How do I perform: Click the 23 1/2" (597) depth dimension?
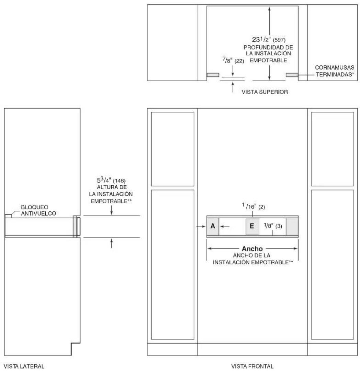click(269, 40)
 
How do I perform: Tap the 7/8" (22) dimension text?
click(233, 60)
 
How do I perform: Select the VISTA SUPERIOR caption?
click(265, 92)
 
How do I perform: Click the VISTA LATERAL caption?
click(24, 366)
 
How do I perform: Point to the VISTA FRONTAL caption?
click(252, 366)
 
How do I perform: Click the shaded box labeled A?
click(213, 227)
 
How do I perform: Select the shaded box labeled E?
click(252, 227)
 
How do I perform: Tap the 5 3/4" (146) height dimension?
click(111, 180)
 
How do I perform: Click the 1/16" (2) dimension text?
click(254, 206)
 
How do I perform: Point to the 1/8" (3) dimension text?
click(273, 226)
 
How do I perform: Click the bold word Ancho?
click(252, 249)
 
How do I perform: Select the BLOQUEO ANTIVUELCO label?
click(38, 210)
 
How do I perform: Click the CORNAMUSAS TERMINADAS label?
click(335, 71)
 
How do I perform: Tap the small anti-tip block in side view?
click(8, 216)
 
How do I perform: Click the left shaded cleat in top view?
click(213, 75)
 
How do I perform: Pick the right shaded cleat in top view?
click(292, 75)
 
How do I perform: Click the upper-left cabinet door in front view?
click(172, 149)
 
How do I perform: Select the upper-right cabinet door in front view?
click(332, 149)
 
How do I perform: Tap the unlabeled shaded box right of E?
click(292, 227)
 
